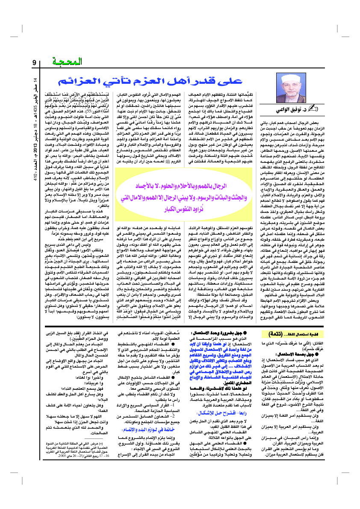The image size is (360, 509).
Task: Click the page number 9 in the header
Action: (x=34, y=63)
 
